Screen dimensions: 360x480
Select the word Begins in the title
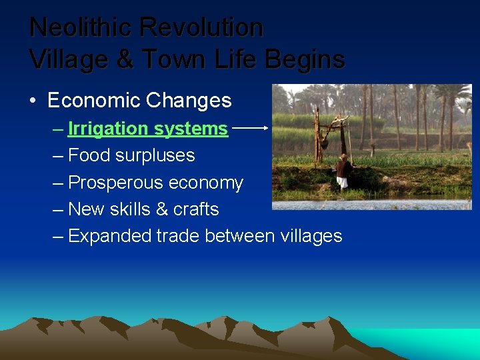305,60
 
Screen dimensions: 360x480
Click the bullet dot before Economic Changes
33,101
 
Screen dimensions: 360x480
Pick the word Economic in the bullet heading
93,101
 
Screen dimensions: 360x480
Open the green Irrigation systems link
147,129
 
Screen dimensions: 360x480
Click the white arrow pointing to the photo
251,126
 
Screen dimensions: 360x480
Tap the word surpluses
162,156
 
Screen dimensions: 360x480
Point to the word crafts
196,209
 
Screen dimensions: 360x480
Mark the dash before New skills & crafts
58,209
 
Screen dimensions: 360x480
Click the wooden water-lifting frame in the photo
332,137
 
